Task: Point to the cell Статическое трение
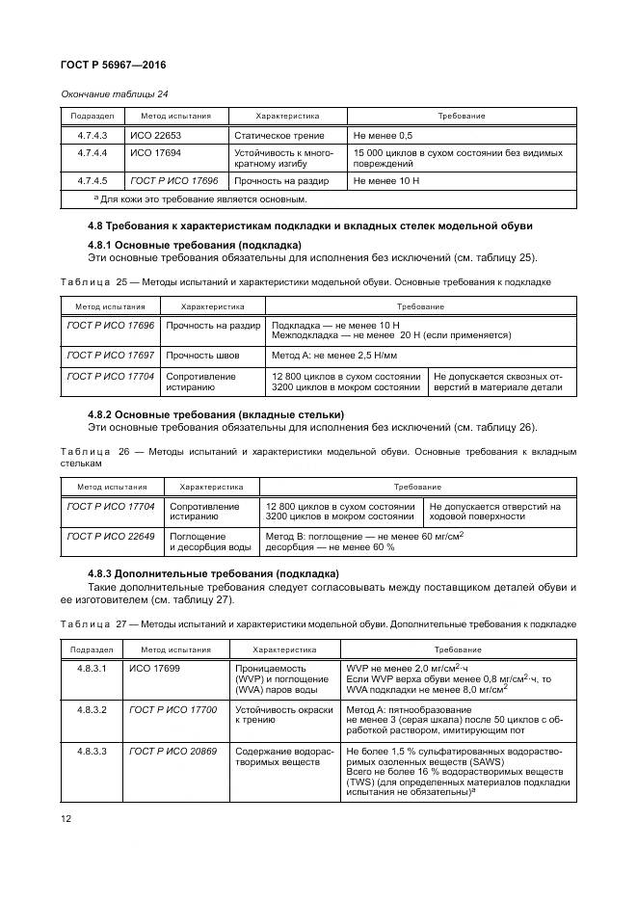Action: [x=279, y=136]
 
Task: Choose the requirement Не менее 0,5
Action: [x=384, y=136]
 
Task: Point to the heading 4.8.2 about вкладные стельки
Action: [x=216, y=414]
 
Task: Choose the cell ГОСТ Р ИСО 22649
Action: [x=110, y=536]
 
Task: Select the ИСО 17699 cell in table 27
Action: [x=154, y=667]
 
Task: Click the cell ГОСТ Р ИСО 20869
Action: [x=173, y=749]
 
